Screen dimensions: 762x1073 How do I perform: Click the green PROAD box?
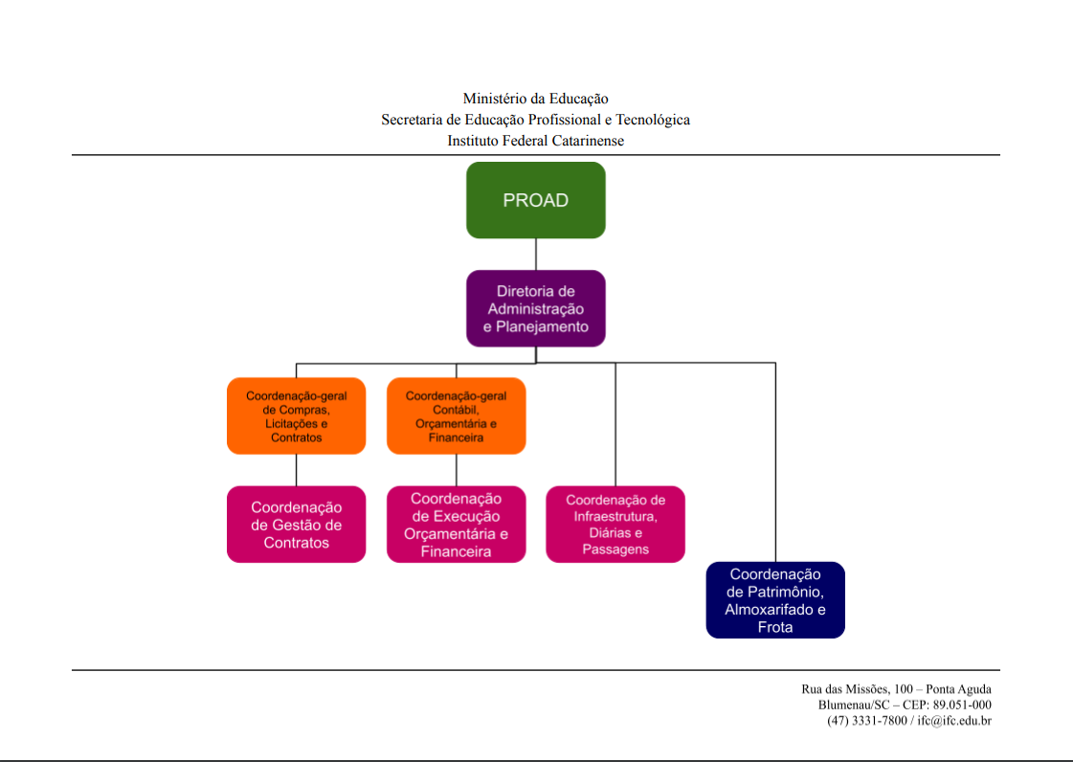tap(536, 200)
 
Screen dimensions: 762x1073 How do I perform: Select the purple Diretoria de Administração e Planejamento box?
tap(536, 308)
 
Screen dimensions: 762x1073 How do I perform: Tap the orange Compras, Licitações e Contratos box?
tap(296, 416)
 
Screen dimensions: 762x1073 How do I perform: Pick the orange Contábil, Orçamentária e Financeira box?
tap(456, 416)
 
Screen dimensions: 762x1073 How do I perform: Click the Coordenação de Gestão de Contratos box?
tap(296, 525)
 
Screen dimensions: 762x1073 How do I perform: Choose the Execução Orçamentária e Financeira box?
tap(456, 525)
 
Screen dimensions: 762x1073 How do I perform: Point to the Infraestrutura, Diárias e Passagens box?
tap(615, 525)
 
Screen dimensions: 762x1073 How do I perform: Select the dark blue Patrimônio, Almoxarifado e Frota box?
tap(775, 600)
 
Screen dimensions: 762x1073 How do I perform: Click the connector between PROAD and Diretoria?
tap(536, 254)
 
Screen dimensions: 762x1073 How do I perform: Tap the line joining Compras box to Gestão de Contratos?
tap(296, 470)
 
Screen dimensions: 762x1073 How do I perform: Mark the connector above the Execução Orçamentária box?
tap(456, 470)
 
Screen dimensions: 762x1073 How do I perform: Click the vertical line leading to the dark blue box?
tap(775, 459)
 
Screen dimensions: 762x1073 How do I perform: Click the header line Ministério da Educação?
tap(535, 99)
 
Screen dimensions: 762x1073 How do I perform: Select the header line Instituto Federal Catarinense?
tap(535, 141)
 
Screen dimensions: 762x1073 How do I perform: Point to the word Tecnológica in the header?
tap(653, 120)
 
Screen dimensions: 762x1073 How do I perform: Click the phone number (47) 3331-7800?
tap(866, 720)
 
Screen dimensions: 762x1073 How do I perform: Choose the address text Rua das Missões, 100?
tap(856, 689)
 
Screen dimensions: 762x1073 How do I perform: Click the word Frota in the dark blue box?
tap(775, 628)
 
